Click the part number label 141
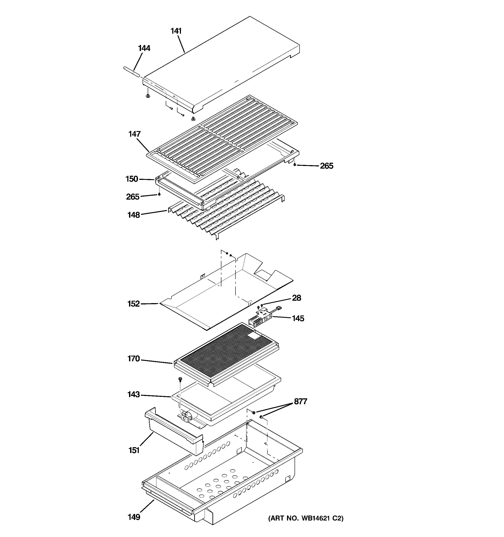pyautogui.click(x=176, y=31)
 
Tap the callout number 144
pyautogui.click(x=144, y=48)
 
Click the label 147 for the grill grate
pyautogui.click(x=134, y=134)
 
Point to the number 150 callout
pyautogui.click(x=132, y=179)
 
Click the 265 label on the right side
pyautogui.click(x=327, y=166)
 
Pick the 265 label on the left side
pyautogui.click(x=133, y=197)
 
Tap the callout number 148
pyautogui.click(x=134, y=215)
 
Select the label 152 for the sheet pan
pyautogui.click(x=133, y=304)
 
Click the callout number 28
pyautogui.click(x=297, y=298)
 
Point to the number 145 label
pyautogui.click(x=298, y=319)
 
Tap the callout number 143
pyautogui.click(x=134, y=395)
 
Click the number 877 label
pyautogui.click(x=301, y=402)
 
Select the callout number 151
pyautogui.click(x=134, y=450)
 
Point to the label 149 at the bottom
pyautogui.click(x=134, y=517)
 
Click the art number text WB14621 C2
pyautogui.click(x=306, y=518)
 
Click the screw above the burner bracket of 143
pyautogui.click(x=180, y=379)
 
